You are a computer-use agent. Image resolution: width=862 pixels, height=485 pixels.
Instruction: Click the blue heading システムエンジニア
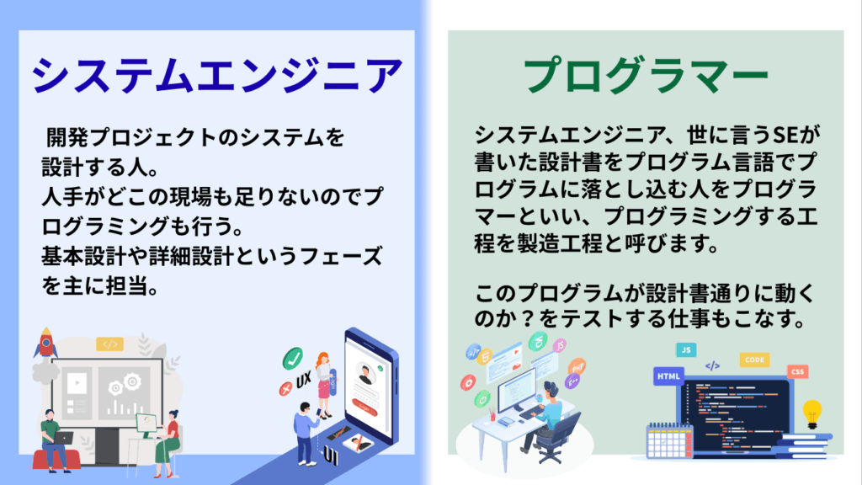[217, 75]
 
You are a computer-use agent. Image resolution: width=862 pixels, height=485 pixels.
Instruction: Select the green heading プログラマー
[646, 75]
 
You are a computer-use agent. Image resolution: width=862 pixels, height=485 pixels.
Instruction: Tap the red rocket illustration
[46, 342]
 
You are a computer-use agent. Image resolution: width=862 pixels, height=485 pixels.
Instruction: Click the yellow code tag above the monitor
[110, 344]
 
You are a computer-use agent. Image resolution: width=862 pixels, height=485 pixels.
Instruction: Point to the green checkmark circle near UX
[292, 359]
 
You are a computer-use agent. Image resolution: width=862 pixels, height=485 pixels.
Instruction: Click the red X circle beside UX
[285, 389]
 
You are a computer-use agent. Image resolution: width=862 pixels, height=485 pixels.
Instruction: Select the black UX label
[303, 380]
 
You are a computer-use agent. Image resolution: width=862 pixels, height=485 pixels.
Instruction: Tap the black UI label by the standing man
[330, 456]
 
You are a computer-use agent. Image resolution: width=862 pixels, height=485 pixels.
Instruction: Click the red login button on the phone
[365, 407]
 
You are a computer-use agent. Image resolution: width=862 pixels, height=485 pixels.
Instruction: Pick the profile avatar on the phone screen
[365, 374]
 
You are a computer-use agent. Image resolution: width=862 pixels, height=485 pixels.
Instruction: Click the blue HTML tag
[668, 376]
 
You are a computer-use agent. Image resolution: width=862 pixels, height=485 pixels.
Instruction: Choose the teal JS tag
[686, 349]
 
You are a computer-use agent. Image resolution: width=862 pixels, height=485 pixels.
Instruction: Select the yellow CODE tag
[754, 360]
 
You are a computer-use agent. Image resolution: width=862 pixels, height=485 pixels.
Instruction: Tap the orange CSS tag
[798, 371]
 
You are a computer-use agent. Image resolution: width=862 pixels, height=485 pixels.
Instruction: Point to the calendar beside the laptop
[668, 441]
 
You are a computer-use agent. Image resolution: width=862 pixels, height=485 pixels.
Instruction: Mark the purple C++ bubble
[572, 381]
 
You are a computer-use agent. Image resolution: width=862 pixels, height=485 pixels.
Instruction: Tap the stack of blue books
[801, 446]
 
